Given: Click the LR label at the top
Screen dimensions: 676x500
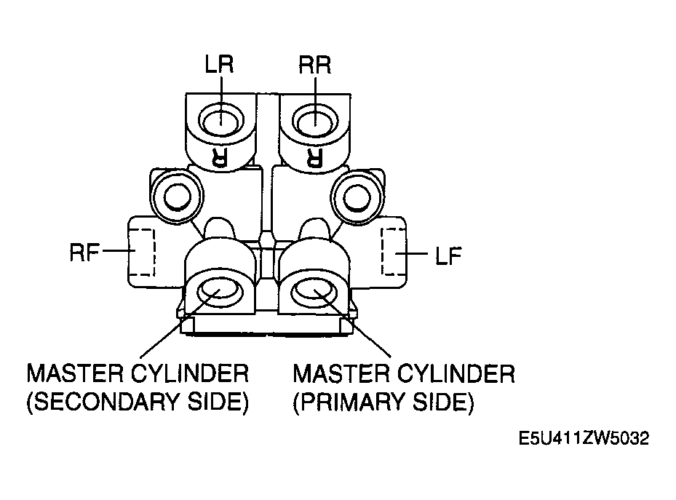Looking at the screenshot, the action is tap(220, 64).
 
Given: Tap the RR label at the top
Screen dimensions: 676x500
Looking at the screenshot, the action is tap(315, 65).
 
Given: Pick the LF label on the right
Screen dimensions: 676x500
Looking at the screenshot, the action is tap(448, 255).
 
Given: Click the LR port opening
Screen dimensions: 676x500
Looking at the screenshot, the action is tap(221, 119).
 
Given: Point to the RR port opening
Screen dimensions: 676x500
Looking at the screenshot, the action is tap(315, 120).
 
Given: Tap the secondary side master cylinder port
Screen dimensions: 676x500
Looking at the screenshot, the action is tap(220, 293).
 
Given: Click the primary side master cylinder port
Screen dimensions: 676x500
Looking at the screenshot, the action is tap(314, 293).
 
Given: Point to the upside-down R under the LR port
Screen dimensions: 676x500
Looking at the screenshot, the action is tap(220, 156).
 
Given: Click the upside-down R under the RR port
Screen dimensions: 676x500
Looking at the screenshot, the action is tap(314, 156).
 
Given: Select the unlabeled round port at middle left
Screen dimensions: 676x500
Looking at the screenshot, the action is tap(178, 197).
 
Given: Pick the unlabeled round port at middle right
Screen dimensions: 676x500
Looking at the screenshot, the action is tap(357, 197).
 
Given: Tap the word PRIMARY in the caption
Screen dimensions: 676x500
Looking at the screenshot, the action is tap(351, 402).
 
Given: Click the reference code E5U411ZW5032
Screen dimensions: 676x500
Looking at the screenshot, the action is tap(584, 438).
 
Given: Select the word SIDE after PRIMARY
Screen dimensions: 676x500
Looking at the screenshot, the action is tap(440, 402).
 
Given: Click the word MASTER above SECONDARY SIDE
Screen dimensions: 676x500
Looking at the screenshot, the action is tap(74, 373).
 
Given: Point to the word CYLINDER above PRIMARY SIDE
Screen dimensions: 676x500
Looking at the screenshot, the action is tap(456, 373).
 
